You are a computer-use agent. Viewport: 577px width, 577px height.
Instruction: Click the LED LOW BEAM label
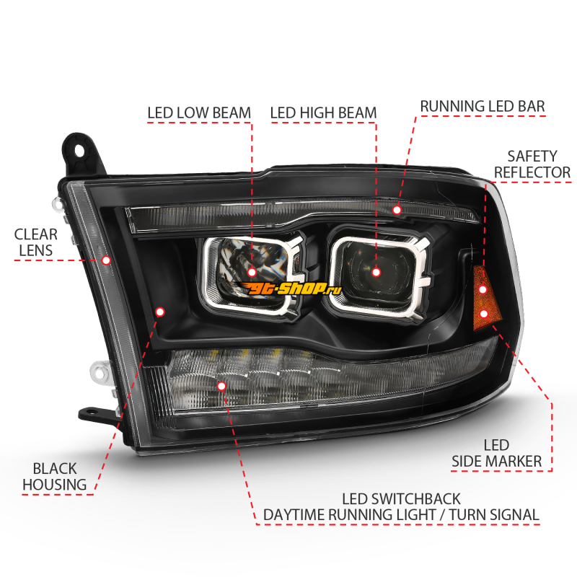coord(199,113)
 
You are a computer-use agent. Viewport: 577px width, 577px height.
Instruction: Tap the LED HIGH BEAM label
coord(323,113)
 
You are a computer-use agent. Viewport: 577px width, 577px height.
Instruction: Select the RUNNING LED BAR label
coord(483,106)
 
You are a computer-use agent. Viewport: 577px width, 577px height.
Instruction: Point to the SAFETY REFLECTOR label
coord(532,164)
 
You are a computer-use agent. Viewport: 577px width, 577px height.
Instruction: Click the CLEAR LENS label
coord(35,242)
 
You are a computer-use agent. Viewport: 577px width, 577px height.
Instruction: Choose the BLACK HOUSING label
coord(55,477)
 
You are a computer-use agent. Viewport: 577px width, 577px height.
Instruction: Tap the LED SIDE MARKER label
coord(496,453)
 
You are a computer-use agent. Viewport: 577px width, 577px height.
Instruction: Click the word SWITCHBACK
coord(415,499)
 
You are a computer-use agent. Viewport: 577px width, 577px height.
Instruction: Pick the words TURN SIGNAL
coord(494,515)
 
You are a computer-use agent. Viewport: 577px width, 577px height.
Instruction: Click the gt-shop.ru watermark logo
coord(290,289)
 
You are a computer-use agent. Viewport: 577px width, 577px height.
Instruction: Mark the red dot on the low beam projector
coord(252,273)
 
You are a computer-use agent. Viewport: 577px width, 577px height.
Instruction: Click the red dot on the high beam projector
coord(376,273)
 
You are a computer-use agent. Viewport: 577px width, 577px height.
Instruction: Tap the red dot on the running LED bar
coord(397,210)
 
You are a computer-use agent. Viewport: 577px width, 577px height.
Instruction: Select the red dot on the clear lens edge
coord(106,260)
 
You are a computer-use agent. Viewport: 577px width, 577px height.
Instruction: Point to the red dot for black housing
coord(159,312)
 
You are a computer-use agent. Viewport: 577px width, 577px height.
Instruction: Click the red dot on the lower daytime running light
coord(221,386)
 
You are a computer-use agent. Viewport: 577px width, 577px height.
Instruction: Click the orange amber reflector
coord(485,299)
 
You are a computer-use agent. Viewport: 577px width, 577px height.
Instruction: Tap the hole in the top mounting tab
coord(79,150)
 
